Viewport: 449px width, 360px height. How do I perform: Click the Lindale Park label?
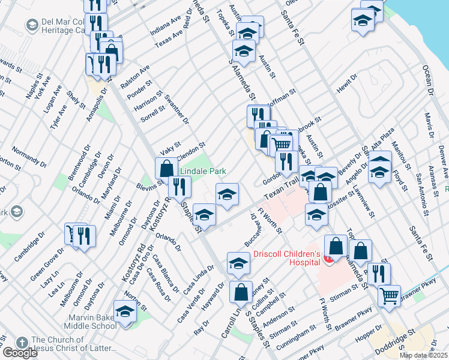[204, 171]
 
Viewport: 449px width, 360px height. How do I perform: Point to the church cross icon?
[21, 342]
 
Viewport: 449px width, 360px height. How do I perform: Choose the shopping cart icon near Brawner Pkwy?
[389, 295]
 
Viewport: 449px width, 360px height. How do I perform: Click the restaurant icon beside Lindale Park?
[179, 187]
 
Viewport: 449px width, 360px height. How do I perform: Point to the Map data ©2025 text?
[423, 355]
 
